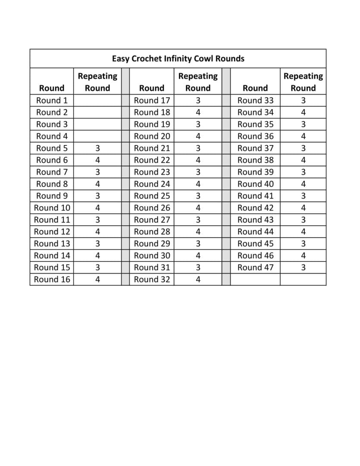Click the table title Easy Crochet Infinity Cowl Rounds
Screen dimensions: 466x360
(x=178, y=59)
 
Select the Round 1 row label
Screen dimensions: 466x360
(x=52, y=101)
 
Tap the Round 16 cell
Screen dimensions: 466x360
(x=52, y=279)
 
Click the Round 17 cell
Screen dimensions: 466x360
(x=152, y=101)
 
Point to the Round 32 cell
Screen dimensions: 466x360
(x=152, y=279)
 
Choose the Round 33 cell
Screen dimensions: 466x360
(x=255, y=101)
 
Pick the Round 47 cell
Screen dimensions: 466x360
(x=255, y=267)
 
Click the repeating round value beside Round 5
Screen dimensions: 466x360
(x=97, y=148)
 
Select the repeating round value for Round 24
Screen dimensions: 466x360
(x=198, y=184)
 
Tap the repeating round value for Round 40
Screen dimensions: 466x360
(x=303, y=184)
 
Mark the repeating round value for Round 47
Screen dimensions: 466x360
(x=303, y=267)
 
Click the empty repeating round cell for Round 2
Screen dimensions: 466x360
(x=97, y=112)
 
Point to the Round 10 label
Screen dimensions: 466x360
(x=52, y=208)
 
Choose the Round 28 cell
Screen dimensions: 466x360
(x=152, y=231)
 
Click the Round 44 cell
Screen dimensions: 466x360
(x=255, y=231)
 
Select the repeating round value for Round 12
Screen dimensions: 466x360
(x=97, y=231)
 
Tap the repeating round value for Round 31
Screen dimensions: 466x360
(x=198, y=267)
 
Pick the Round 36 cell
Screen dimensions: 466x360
(x=255, y=136)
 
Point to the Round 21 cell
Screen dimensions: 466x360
(x=152, y=148)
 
